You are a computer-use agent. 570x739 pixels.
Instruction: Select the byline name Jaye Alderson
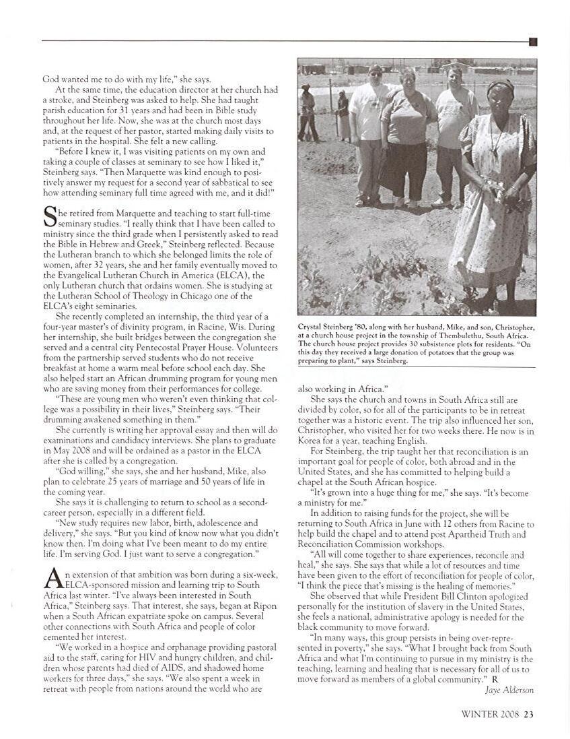point(509,690)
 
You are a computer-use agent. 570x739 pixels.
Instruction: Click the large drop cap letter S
point(50,217)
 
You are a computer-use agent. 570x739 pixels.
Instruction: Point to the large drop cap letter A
point(51,578)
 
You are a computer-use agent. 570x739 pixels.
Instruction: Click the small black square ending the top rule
point(533,42)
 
